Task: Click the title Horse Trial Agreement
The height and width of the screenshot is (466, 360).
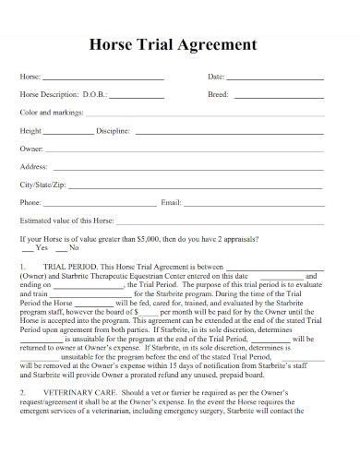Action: click(180, 42)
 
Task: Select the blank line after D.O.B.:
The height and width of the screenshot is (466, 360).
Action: click(138, 96)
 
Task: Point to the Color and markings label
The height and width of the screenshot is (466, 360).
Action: click(52, 112)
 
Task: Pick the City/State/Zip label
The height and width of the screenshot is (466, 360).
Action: click(42, 184)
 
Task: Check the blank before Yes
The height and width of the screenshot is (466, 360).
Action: click(29, 248)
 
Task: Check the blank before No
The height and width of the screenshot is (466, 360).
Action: click(62, 248)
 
